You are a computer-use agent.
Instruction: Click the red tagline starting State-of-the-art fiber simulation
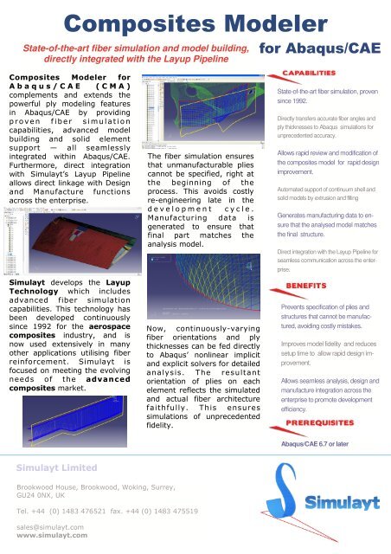(x=137, y=55)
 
